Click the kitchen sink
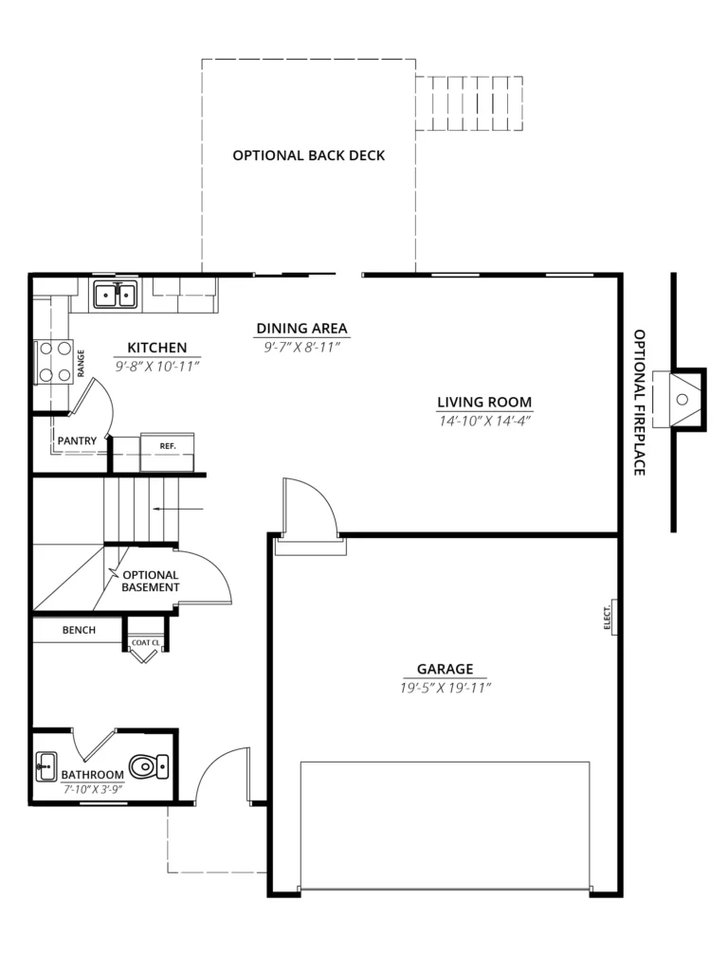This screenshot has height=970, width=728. coord(115,295)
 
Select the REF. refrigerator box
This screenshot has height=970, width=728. coord(167,452)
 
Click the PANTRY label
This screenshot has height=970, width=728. coord(78,441)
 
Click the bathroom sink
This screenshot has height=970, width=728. coord(46,766)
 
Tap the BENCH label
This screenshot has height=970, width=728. coord(80,630)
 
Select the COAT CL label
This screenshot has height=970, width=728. coord(145,643)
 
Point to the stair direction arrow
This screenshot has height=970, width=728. coord(178,509)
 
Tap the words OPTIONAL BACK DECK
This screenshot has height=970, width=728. coord(309,155)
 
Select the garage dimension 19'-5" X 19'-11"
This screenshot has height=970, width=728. coord(446,688)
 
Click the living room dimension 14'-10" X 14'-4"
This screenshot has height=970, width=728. coord(484,422)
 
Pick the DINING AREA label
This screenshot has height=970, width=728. coord(302,329)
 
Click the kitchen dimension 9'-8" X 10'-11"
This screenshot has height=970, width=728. coord(157,367)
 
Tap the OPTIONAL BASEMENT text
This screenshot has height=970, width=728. coord(151,582)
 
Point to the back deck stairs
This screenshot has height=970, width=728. coord(469,103)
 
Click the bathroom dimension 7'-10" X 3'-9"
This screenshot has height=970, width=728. coord(93,789)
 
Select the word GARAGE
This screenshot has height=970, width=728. coord(446,669)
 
